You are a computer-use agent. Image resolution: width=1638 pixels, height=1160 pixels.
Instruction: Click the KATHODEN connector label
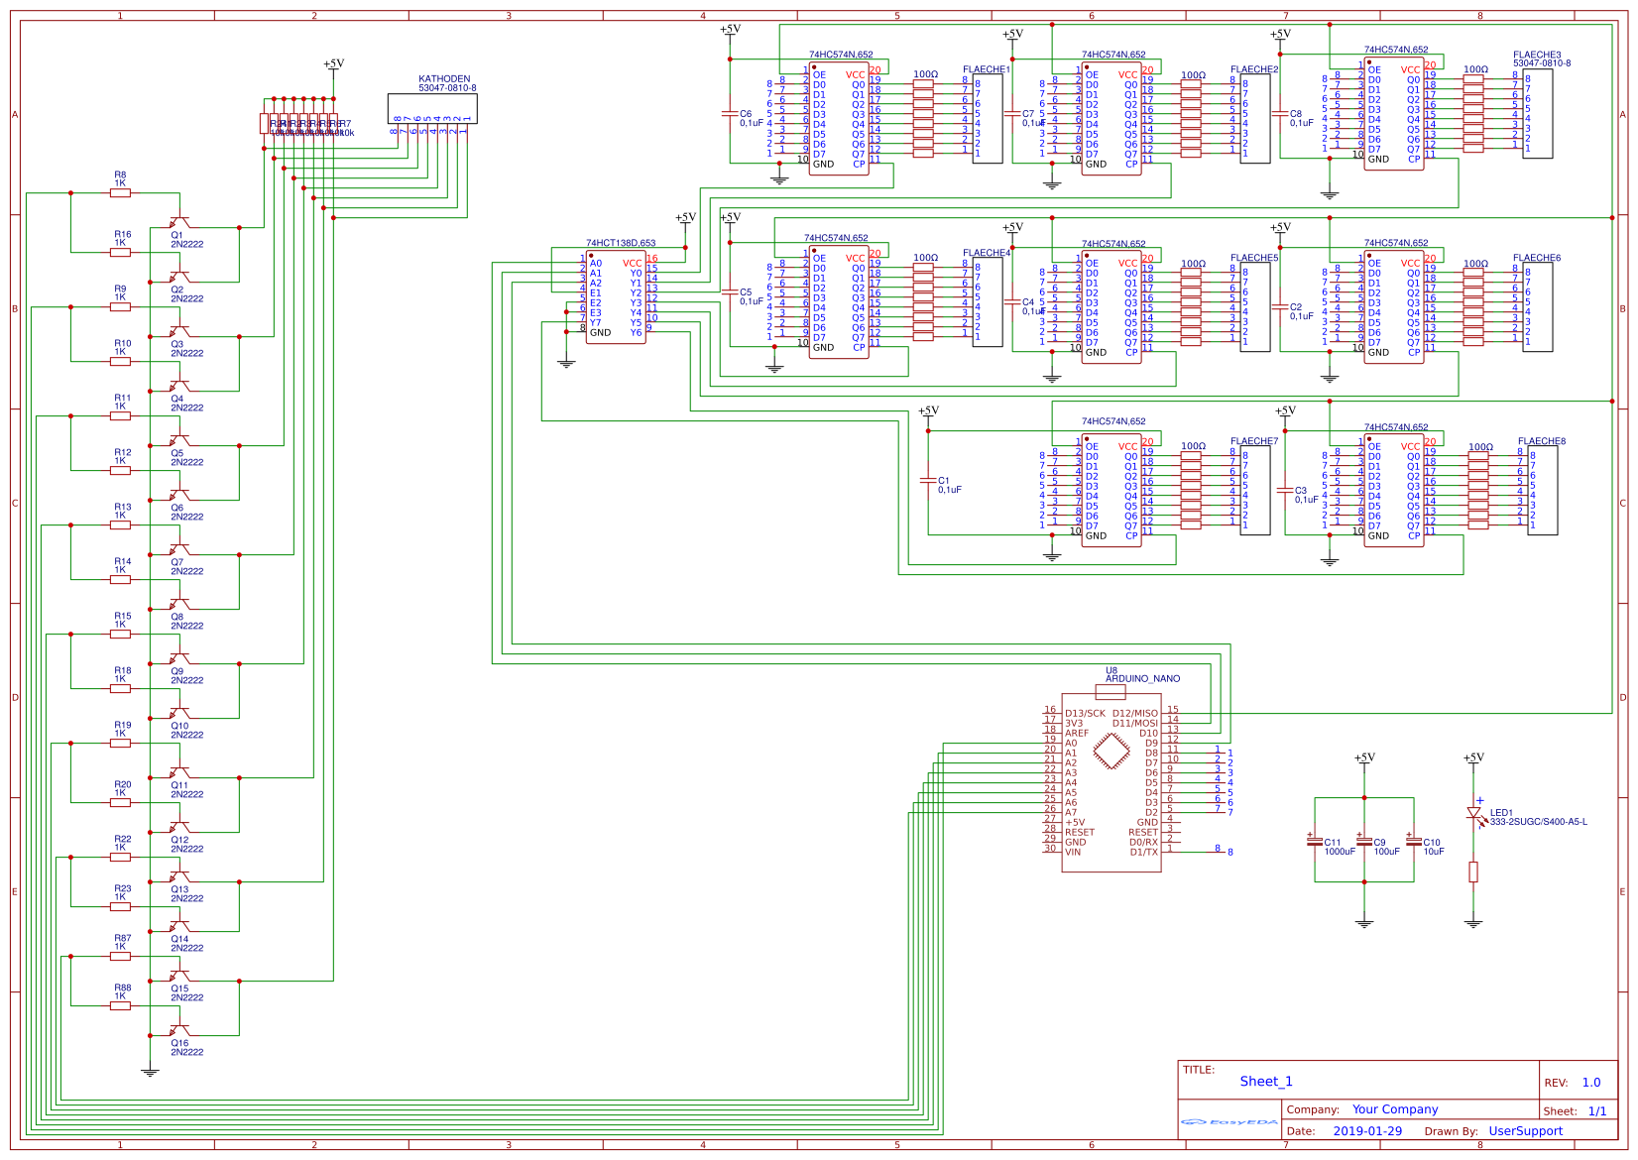444,79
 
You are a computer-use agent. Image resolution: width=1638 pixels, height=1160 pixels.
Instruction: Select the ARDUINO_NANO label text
1142,679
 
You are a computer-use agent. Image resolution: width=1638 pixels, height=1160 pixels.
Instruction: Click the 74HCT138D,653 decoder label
621,243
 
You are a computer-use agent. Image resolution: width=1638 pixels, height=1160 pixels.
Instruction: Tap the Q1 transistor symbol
178,223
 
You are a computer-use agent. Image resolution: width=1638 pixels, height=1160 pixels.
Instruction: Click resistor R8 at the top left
120,193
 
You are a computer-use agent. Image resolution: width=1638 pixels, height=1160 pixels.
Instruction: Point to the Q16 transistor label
179,1043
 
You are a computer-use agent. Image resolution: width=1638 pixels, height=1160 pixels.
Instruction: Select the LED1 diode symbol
1473,813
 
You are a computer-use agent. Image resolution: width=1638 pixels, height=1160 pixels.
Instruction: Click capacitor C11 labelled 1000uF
1315,843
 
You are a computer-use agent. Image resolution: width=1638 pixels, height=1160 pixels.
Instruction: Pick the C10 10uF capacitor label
1432,843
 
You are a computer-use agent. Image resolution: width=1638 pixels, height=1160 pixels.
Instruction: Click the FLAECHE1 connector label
986,70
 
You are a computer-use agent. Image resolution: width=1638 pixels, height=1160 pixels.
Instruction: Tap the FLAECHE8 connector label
1541,442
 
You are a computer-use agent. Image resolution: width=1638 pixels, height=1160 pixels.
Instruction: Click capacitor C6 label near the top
746,114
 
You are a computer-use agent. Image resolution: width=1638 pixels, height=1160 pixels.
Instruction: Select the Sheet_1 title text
1265,1082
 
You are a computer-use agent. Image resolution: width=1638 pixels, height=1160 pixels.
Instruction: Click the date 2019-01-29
1367,1131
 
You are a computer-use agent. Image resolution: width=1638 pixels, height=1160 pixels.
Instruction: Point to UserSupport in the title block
1525,1131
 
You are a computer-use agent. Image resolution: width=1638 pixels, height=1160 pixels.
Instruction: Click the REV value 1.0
1590,1083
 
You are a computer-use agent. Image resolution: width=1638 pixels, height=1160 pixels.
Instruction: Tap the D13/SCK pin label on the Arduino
1085,714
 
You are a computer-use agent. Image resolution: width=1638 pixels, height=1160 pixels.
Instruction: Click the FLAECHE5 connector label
1254,258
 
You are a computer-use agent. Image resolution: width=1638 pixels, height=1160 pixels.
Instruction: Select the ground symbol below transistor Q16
150,1071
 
